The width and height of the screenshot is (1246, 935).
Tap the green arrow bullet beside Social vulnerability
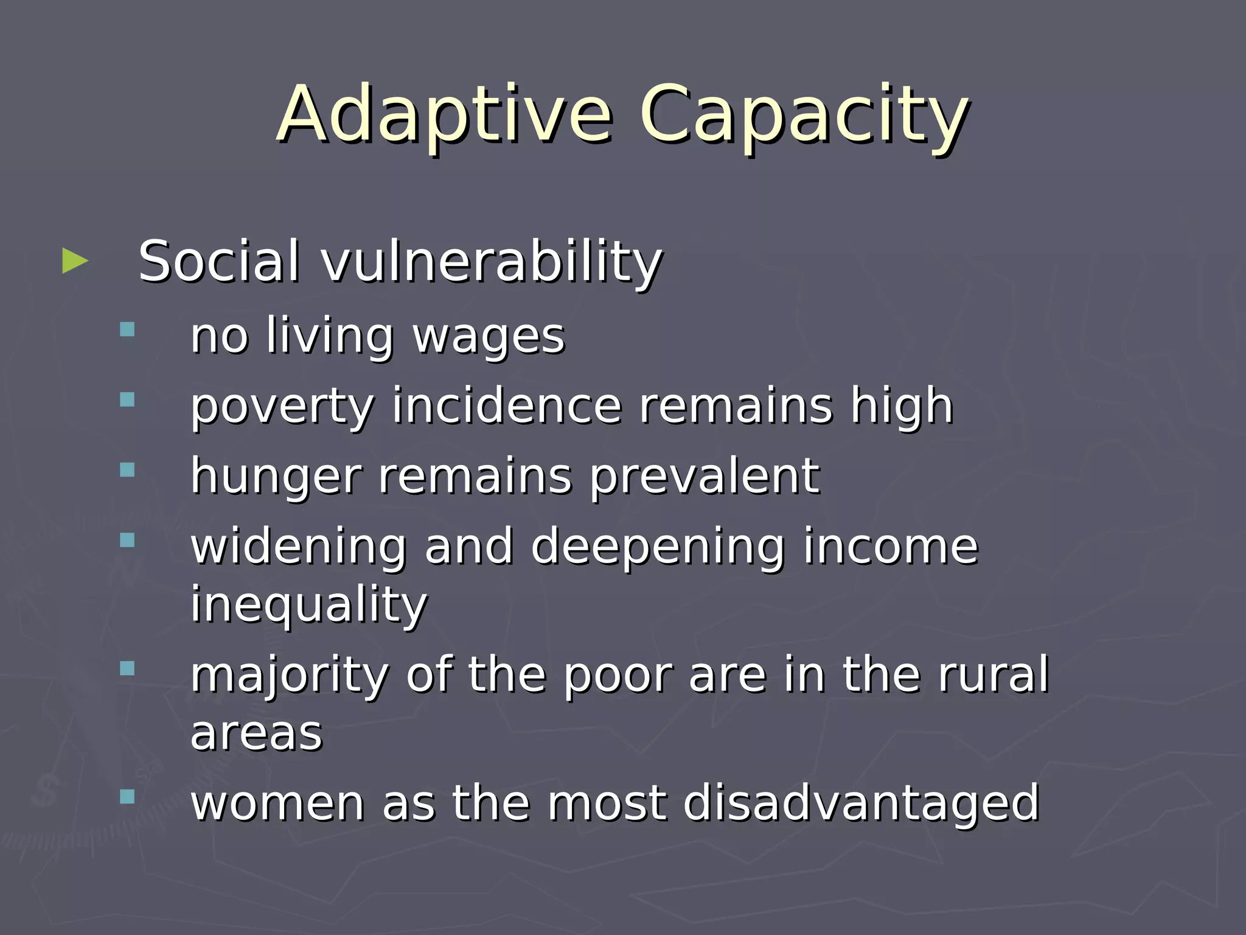pyautogui.click(x=75, y=261)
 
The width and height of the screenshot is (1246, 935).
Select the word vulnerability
pyautogui.click(x=492, y=262)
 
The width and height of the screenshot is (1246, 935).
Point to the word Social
pyautogui.click(x=219, y=262)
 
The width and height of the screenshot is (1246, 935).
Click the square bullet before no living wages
pyautogui.click(x=127, y=329)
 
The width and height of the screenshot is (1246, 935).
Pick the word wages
pyautogui.click(x=489, y=337)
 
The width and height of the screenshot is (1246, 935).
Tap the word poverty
pyautogui.click(x=282, y=406)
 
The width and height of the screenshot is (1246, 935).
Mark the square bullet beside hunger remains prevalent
pyautogui.click(x=127, y=470)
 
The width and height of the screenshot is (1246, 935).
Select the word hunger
pyautogui.click(x=276, y=477)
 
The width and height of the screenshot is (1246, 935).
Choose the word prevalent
pyautogui.click(x=705, y=477)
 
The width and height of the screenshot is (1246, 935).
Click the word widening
pyautogui.click(x=298, y=546)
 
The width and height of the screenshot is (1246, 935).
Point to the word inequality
pyautogui.click(x=309, y=604)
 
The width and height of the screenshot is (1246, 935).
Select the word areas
pyautogui.click(x=256, y=734)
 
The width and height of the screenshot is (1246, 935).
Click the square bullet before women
pyautogui.click(x=127, y=797)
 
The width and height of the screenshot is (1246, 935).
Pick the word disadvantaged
pyautogui.click(x=861, y=804)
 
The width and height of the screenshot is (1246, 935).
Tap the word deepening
pyautogui.click(x=658, y=546)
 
